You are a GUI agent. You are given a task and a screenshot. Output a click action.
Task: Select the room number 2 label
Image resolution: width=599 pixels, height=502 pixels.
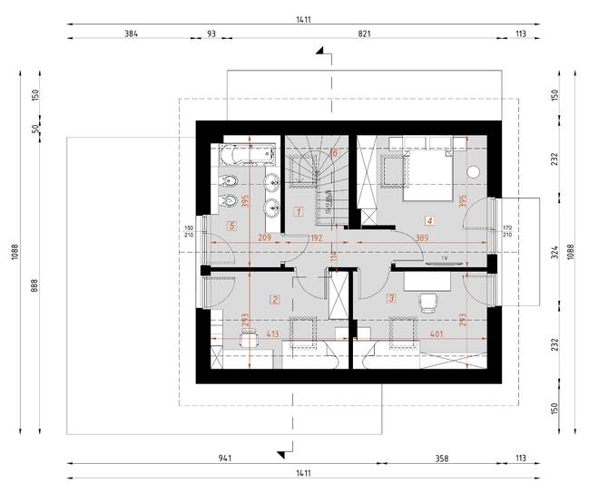274,298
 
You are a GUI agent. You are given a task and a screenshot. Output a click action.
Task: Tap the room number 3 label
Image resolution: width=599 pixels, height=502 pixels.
391,297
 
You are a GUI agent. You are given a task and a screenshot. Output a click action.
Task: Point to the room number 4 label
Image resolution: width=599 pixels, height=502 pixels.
427,219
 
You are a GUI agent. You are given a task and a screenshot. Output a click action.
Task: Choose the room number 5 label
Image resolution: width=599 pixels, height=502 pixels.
232,227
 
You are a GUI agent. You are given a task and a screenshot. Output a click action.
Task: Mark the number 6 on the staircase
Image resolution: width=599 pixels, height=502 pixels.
334,153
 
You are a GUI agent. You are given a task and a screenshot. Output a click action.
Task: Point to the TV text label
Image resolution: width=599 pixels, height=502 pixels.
445,259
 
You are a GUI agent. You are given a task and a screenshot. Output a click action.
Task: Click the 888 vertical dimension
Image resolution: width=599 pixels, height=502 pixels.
35,285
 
